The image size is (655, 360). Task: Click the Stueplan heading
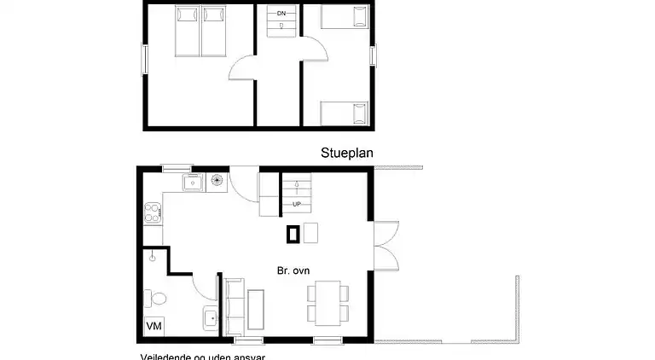pos(347,154)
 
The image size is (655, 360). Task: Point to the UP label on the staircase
pos(297,205)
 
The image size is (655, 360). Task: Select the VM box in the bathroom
pos(154,327)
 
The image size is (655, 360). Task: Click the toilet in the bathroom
pos(156,298)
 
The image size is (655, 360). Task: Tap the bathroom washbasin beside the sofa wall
pos(210,319)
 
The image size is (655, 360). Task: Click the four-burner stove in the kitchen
pos(154,212)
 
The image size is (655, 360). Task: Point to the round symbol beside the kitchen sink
pos(217,181)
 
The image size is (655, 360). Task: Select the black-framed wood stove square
pos(293,232)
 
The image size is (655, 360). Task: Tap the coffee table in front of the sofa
pos(256,308)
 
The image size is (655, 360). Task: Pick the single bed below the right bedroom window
pos(345,113)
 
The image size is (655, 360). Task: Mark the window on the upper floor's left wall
pos(144,60)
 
